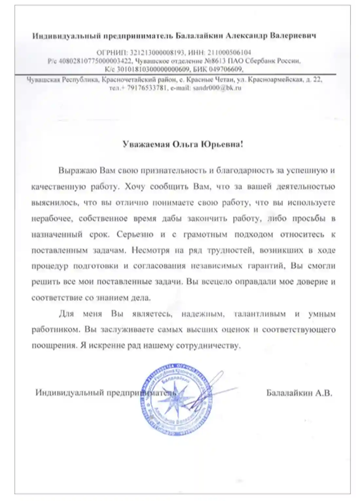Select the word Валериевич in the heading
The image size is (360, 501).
click(293, 36)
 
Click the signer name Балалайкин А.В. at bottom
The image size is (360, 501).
click(299, 393)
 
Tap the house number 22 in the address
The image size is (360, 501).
click(317, 80)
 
